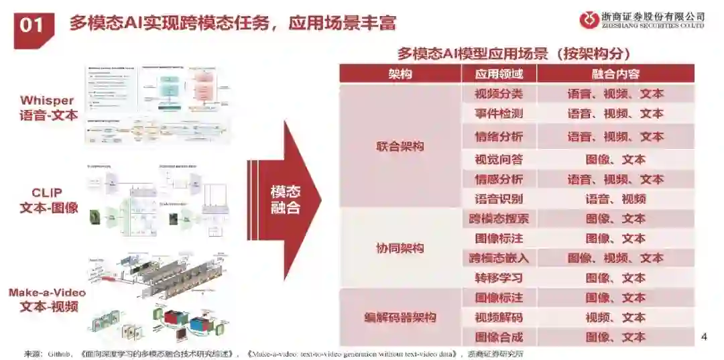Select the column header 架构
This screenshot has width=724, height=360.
[400, 74]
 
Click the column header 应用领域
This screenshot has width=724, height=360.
[498, 74]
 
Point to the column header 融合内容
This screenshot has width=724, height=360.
[615, 74]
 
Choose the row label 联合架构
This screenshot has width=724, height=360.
[400, 147]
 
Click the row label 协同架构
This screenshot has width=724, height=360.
[400, 248]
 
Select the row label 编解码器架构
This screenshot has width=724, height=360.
[400, 317]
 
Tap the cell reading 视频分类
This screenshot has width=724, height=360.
[498, 94]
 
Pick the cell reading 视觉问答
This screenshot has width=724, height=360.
[498, 160]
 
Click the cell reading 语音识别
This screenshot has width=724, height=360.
[498, 198]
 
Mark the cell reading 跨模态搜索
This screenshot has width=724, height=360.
[498, 219]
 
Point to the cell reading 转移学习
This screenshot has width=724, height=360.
[498, 278]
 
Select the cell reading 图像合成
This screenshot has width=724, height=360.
[498, 337]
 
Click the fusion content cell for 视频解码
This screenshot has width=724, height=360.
[615, 317]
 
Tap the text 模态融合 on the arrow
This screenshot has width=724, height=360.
[285, 199]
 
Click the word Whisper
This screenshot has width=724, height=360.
[47, 101]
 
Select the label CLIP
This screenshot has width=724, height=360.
[47, 193]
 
